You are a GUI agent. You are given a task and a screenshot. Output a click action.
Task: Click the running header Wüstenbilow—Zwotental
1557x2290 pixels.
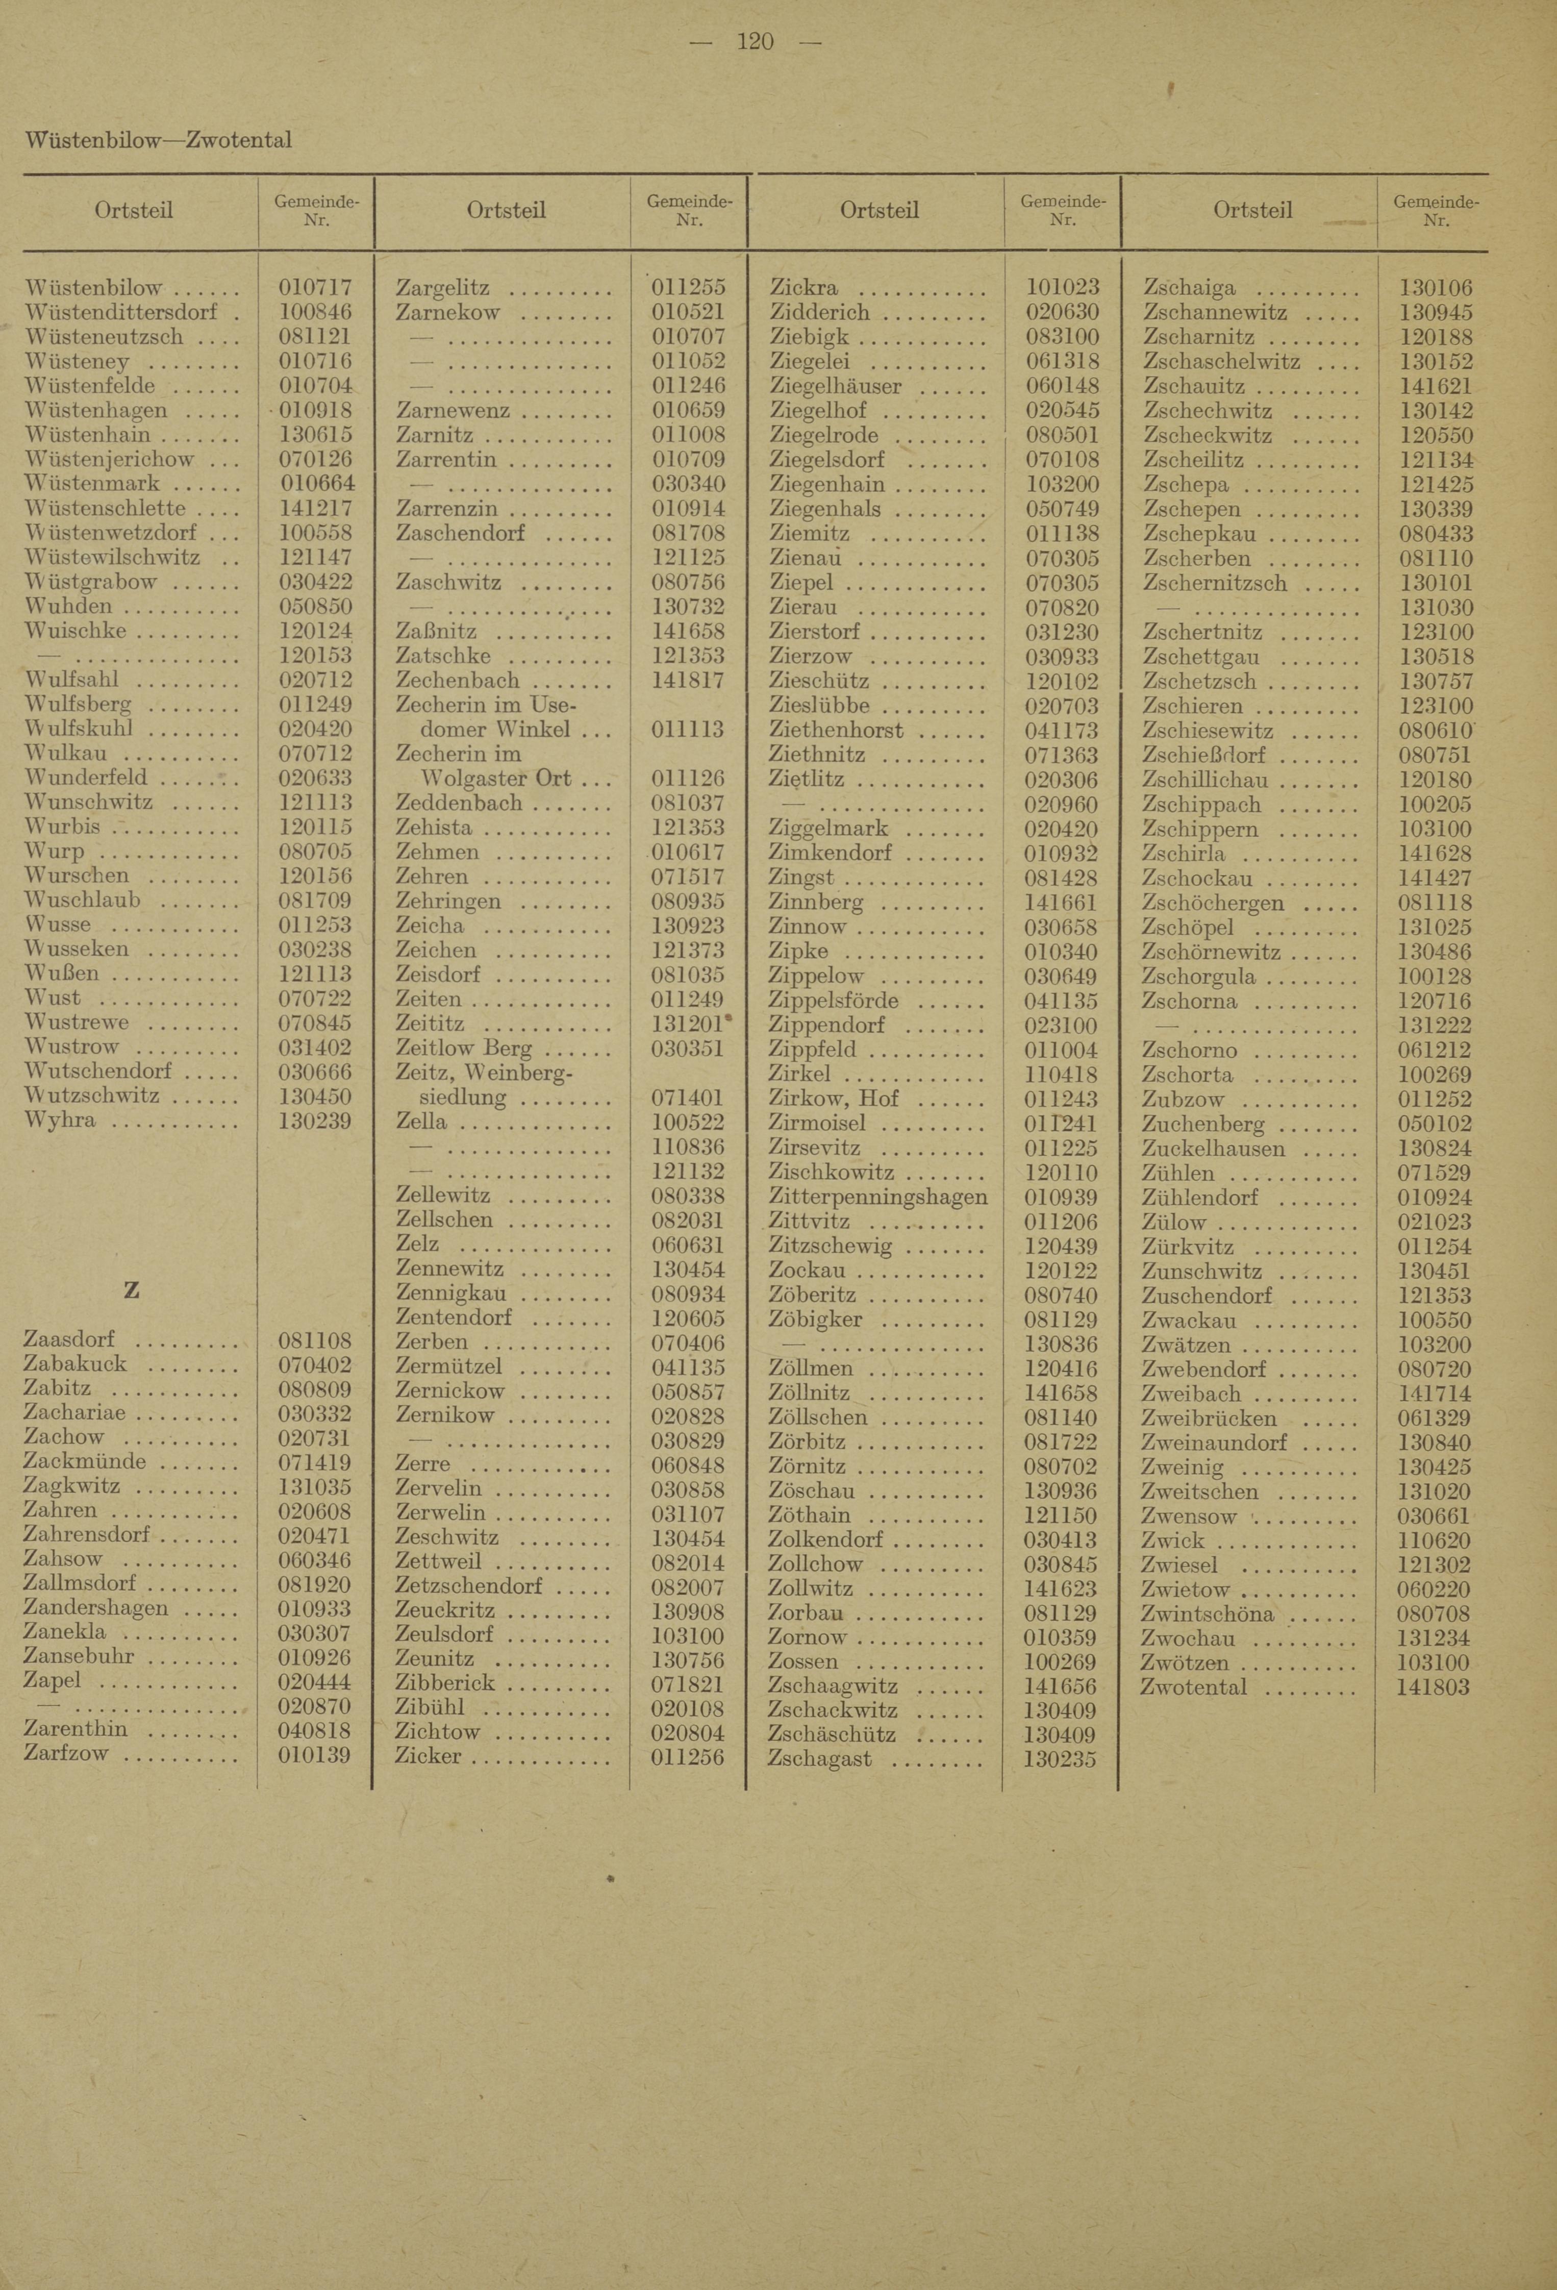click(158, 140)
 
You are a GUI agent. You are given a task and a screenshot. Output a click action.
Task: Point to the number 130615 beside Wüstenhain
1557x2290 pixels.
click(315, 435)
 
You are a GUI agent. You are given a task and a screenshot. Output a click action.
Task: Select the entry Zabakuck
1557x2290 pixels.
click(75, 1365)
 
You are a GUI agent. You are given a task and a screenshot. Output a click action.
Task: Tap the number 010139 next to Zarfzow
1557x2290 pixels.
click(315, 1754)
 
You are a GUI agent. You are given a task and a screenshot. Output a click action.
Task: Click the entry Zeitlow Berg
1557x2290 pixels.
click(463, 1049)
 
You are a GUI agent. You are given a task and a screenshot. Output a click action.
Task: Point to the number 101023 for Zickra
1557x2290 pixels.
click(1061, 288)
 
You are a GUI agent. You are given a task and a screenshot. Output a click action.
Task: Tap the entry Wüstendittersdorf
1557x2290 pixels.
click(120, 312)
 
